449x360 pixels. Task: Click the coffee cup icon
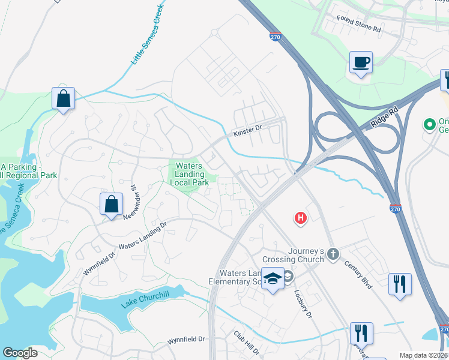pos(361,62)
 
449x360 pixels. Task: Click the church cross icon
pos(334,255)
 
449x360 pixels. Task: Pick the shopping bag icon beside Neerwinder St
pos(112,204)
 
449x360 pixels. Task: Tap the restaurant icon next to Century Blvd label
pos(400,284)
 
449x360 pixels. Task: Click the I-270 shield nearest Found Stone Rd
pos(275,37)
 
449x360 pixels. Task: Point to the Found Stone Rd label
pos(358,28)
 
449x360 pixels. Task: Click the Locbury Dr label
pos(303,305)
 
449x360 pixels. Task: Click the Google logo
pos(20,352)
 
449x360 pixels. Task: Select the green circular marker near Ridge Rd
pos(429,125)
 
